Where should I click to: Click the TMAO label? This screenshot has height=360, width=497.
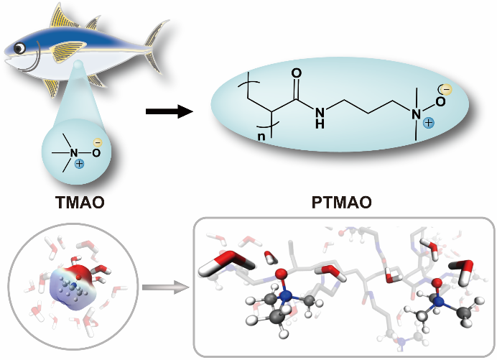coord(80,203)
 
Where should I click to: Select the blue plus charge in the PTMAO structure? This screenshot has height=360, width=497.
coord(428,124)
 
